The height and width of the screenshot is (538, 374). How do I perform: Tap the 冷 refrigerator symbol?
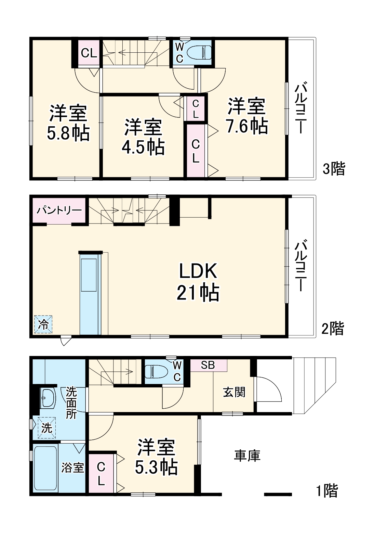[43, 324]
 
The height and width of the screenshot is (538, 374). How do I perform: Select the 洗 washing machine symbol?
[46, 427]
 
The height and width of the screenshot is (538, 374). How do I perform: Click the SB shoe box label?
[208, 365]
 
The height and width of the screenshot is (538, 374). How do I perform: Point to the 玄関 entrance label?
[234, 392]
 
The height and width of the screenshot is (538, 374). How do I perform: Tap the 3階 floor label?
[334, 169]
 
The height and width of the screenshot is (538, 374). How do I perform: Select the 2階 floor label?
[332, 329]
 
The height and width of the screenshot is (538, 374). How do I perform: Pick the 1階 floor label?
[326, 491]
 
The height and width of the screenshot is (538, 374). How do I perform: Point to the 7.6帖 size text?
[246, 126]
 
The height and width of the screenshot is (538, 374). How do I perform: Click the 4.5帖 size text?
[143, 147]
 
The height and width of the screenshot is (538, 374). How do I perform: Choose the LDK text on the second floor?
[198, 271]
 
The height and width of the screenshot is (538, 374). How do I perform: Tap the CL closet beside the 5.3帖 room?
[101, 474]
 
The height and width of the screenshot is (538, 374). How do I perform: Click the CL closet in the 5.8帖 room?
[89, 53]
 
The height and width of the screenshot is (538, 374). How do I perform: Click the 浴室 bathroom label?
[72, 467]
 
